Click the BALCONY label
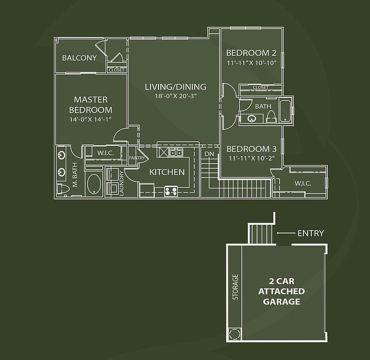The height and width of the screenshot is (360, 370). [79, 58]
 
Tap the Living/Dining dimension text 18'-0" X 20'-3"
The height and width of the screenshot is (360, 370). [176, 96]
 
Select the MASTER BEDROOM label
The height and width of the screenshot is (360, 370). [91, 105]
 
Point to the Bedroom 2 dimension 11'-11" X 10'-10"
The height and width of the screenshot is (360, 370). [251, 63]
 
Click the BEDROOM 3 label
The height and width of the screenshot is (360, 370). [251, 149]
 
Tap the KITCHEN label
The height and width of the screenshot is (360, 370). [167, 172]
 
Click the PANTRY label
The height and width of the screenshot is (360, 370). [137, 158]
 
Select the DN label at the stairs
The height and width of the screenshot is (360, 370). [209, 154]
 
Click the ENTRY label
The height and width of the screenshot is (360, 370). [311, 233]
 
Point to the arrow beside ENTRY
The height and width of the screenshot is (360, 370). [286, 233]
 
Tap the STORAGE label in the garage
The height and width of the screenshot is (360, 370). [235, 287]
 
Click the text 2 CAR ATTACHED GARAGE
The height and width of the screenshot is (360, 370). [281, 292]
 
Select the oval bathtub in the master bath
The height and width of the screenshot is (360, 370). [94, 184]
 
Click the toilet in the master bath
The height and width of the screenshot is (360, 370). [63, 189]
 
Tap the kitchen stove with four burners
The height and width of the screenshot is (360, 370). [171, 191]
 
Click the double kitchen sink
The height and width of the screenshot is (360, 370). [176, 152]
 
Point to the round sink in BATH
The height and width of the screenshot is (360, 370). [252, 118]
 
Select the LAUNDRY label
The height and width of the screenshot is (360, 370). [121, 183]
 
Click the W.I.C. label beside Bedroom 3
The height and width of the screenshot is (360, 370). [303, 183]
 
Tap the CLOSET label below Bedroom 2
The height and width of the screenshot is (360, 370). [261, 87]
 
